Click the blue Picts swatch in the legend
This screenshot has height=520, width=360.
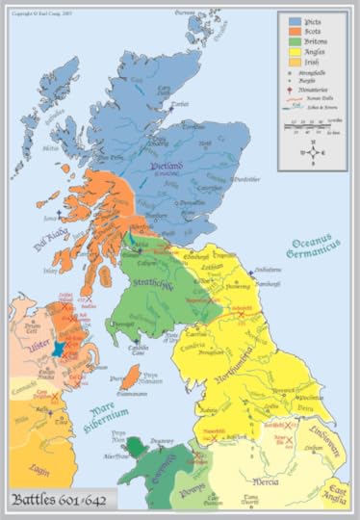coord(296,19)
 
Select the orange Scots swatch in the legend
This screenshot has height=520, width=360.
coord(296,32)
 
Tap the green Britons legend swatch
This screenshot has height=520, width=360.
coord(296,44)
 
